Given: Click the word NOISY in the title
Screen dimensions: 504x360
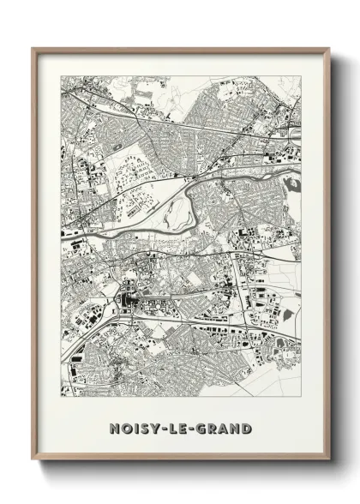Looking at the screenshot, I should click(129, 427).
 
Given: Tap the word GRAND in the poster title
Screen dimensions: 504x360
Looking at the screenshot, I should click(225, 427).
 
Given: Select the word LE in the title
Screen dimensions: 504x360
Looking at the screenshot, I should click(178, 427).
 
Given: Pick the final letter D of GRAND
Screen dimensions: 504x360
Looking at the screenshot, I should click(246, 427).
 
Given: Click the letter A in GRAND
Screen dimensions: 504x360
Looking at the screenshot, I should click(225, 427).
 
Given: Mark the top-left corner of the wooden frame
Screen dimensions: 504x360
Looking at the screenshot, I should click(33, 48).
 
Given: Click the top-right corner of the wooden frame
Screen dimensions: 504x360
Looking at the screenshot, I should click(328, 48).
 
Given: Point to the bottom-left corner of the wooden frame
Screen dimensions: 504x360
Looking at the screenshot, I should click(33, 460).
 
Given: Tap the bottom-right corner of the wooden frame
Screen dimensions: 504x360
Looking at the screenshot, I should click(328, 460).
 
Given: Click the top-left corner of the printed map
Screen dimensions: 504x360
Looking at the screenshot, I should click(61, 75).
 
